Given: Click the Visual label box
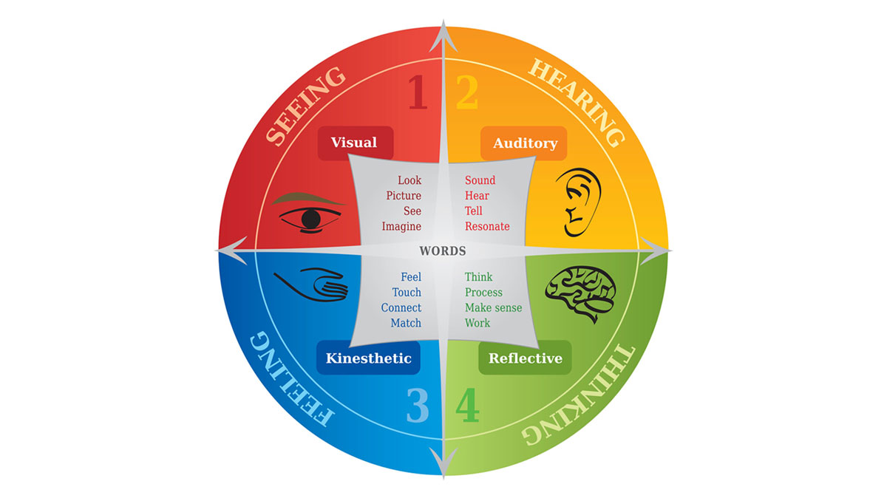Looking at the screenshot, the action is pyautogui.click(x=356, y=143).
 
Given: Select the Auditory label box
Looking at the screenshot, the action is pyautogui.click(x=523, y=143).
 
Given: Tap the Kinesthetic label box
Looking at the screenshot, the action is pyautogui.click(x=368, y=358).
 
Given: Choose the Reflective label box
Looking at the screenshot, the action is pyautogui.click(x=525, y=358).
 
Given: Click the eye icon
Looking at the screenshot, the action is pyautogui.click(x=308, y=214).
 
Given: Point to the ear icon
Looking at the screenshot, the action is pyautogui.click(x=579, y=202).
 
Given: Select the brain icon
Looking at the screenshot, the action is pyautogui.click(x=580, y=293).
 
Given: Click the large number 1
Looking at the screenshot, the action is pyautogui.click(x=418, y=92).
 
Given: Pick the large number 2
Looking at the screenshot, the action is pyautogui.click(x=467, y=92).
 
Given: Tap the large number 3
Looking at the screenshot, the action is pyautogui.click(x=418, y=405).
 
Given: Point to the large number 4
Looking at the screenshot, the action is pyautogui.click(x=468, y=405).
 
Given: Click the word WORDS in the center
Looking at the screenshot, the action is pyautogui.click(x=443, y=251).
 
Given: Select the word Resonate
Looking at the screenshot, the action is pyautogui.click(x=487, y=226).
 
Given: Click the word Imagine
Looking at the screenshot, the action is pyautogui.click(x=401, y=227).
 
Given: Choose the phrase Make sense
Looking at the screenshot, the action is pyautogui.click(x=494, y=307).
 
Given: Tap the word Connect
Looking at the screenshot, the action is pyautogui.click(x=401, y=307).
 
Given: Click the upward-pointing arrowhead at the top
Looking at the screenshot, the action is pyautogui.click(x=443, y=36).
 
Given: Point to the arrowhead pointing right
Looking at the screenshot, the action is pyautogui.click(x=655, y=251).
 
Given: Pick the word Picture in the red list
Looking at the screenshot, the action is pyautogui.click(x=404, y=196).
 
